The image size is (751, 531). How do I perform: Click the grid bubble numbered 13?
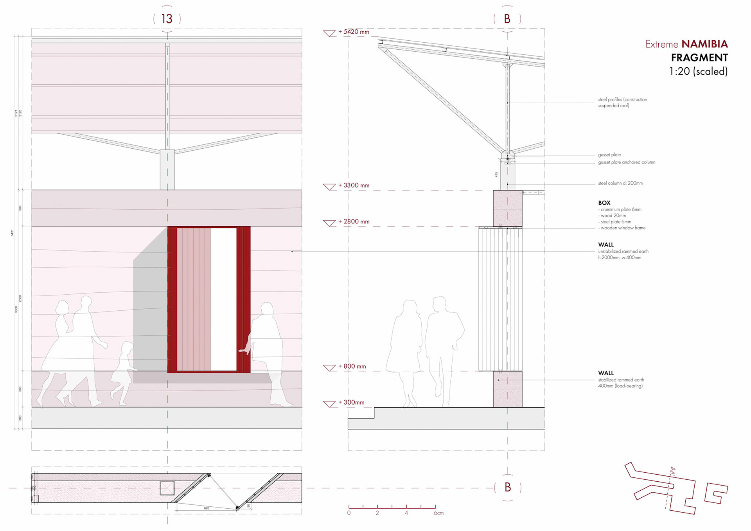tap(167, 19)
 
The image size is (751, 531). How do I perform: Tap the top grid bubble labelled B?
tap(507, 19)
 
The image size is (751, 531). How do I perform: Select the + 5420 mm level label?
tap(354, 32)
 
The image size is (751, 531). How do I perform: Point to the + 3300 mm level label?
tap(354, 185)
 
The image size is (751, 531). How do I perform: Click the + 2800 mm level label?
tap(354, 221)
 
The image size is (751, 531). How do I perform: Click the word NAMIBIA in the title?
tap(704, 44)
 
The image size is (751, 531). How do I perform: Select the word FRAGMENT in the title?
tap(699, 58)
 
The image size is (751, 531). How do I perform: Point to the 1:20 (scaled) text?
tap(698, 71)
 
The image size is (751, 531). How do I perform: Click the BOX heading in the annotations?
tap(604, 203)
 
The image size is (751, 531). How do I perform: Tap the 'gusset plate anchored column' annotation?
tap(627, 162)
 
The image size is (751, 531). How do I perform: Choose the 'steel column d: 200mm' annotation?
tap(620, 183)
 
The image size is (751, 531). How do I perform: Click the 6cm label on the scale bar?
tap(438, 513)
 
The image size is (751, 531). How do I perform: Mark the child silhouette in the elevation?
tap(123, 374)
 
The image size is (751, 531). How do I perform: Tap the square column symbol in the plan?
tap(167, 488)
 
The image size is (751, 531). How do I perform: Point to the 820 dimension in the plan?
tap(207, 508)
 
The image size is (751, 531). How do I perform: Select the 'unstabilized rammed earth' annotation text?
tap(623, 252)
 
